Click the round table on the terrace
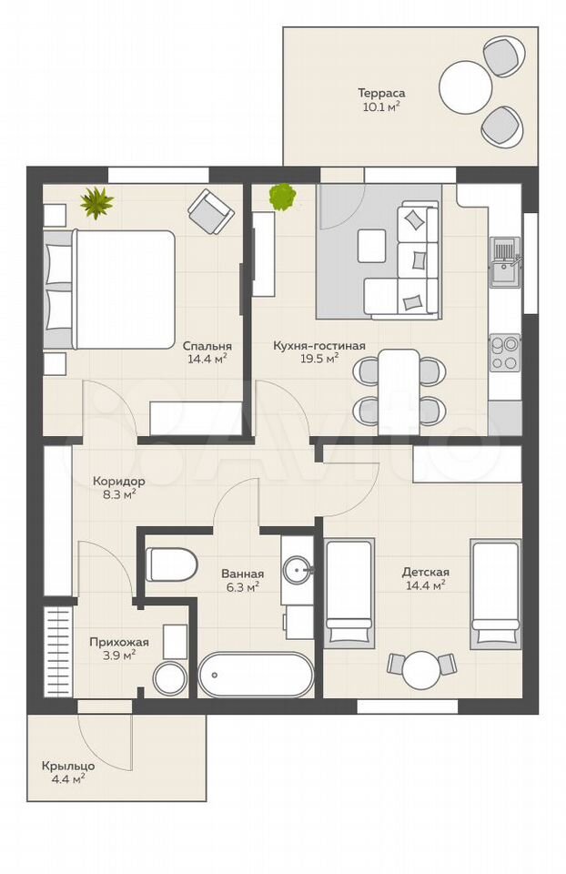pos(466,86)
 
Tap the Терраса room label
pos(381,93)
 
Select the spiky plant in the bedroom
pos(97,202)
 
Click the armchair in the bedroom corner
pos(210,211)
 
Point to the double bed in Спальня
pos(110,290)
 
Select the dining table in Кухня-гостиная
pos(399,391)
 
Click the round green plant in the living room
pos(282,197)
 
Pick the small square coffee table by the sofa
pos(372,245)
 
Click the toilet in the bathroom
pos(172,564)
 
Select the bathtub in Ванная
pos(257,675)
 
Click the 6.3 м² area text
pos(242,586)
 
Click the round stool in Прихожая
pos(169,679)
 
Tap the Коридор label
pos(119,481)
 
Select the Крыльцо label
pos(68,767)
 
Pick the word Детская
pos(426,572)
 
